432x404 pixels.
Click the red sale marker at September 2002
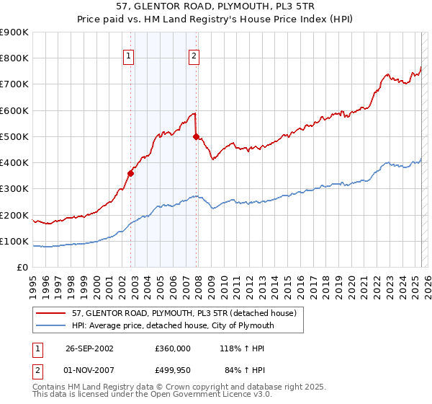coord(131,173)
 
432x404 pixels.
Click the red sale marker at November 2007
coord(197,136)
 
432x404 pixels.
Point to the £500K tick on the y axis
coord(14,136)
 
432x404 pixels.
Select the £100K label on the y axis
coord(14,241)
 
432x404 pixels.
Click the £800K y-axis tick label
coord(14,58)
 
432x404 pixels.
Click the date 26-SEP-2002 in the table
coord(89,348)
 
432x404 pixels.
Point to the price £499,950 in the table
coord(173,371)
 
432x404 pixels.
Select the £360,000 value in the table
coord(173,348)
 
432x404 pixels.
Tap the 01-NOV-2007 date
coord(89,371)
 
